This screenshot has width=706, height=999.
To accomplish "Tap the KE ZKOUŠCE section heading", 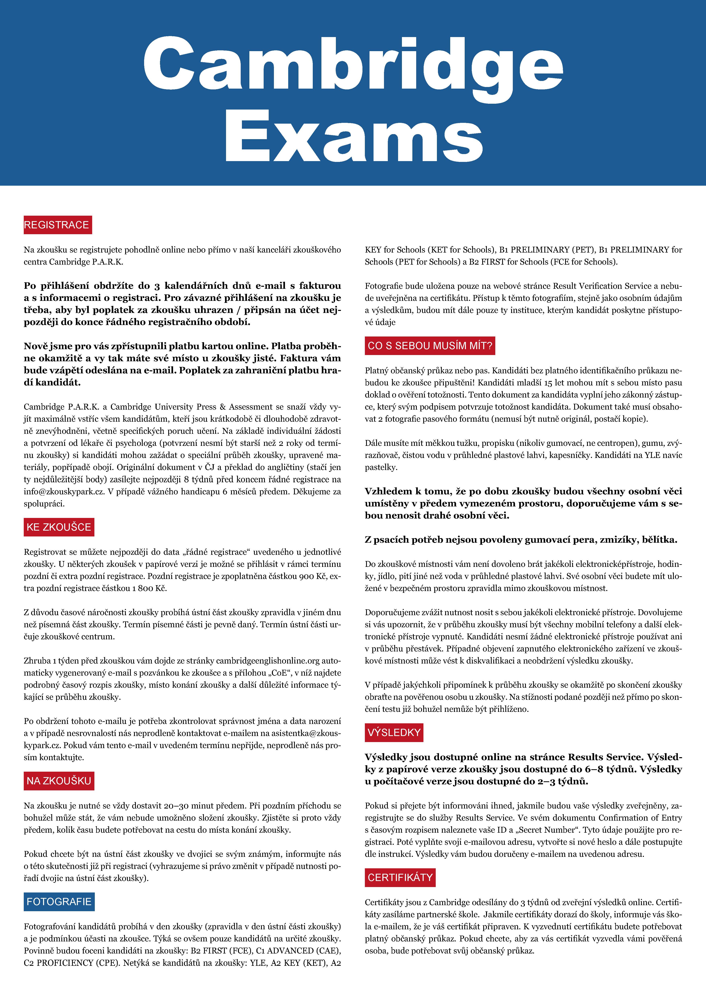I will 59,527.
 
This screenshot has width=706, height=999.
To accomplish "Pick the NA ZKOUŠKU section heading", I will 59,781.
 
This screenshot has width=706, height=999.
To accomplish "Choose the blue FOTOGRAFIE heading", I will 59,902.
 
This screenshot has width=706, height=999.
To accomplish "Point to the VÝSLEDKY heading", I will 394,733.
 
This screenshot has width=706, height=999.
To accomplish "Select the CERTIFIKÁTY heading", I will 400,878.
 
